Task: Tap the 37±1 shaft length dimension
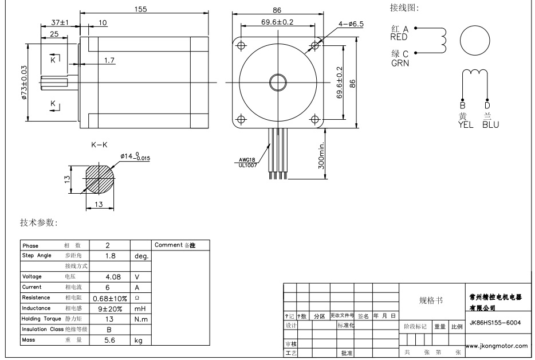click(59, 22)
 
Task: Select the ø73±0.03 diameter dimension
click(24, 82)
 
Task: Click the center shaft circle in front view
click(277, 82)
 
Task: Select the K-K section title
click(99, 146)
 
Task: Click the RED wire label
click(399, 37)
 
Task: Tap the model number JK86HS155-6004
click(495, 322)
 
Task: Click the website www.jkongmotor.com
click(496, 346)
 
